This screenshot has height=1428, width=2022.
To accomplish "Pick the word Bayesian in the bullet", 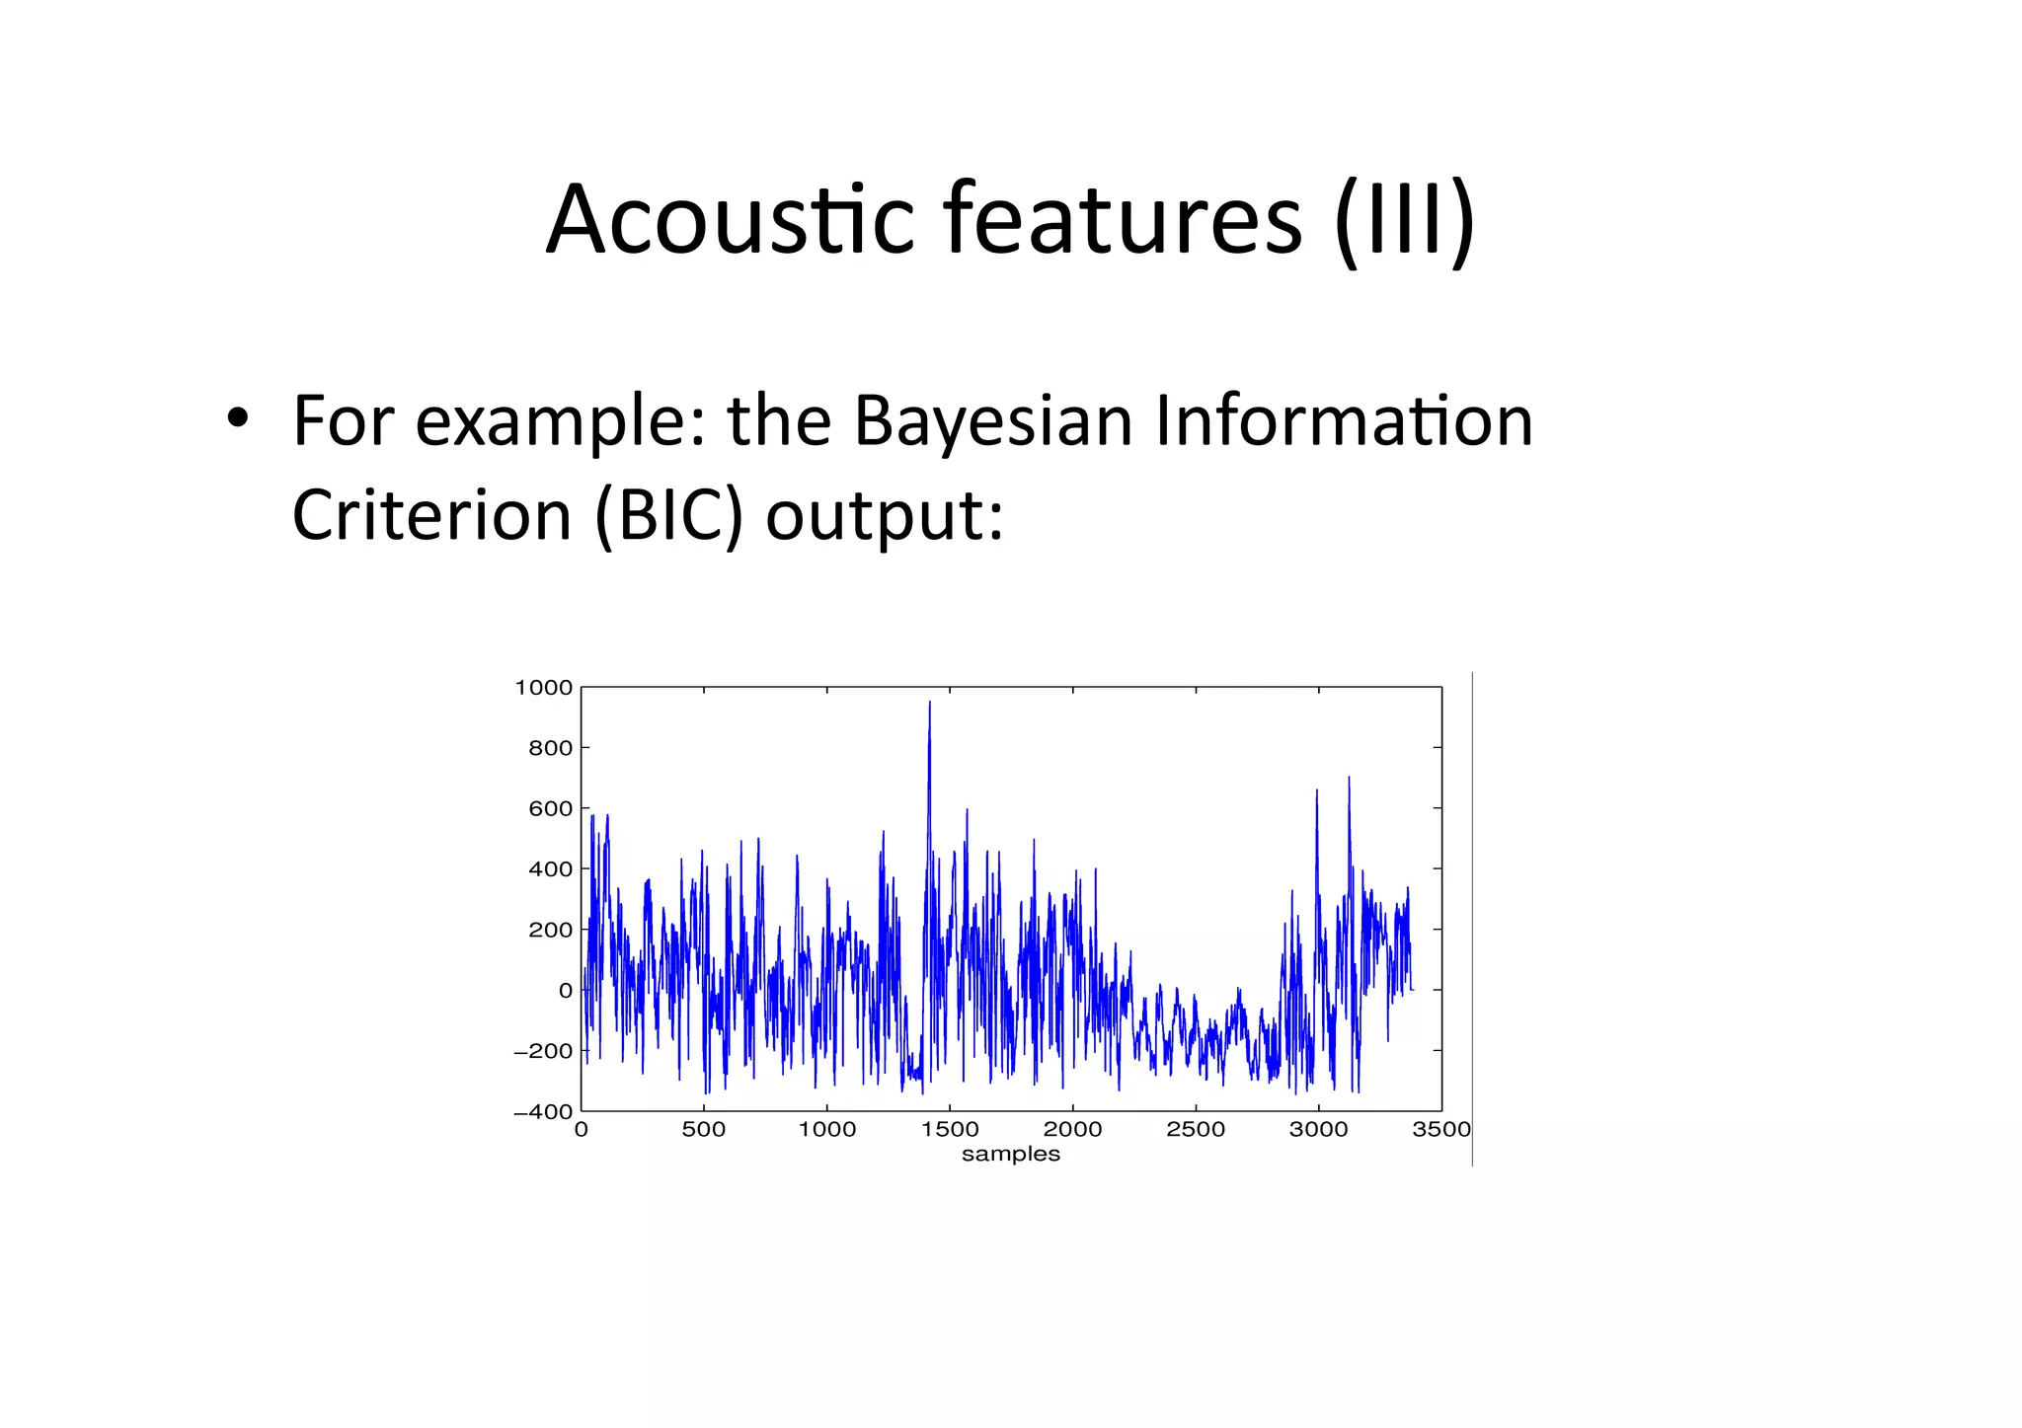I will (992, 421).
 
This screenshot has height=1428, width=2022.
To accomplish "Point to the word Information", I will (1343, 421).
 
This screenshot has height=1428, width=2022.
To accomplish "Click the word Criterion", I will (431, 515).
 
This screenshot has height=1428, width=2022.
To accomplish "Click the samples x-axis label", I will (1010, 1155).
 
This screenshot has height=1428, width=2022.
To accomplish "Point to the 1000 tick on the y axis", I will (543, 688).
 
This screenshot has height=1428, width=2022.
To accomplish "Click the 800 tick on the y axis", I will (550, 748).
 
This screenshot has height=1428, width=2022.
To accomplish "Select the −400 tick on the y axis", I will (543, 1111).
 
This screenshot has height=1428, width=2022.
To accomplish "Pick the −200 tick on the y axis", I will (543, 1051).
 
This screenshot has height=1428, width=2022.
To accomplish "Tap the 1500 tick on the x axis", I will (949, 1130).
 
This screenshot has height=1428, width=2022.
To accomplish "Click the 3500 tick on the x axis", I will (1440, 1130).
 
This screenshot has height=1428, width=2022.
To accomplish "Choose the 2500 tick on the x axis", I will (1195, 1130).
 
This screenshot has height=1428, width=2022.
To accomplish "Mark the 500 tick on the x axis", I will (703, 1130).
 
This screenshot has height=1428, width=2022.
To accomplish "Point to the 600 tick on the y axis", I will (550, 809).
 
